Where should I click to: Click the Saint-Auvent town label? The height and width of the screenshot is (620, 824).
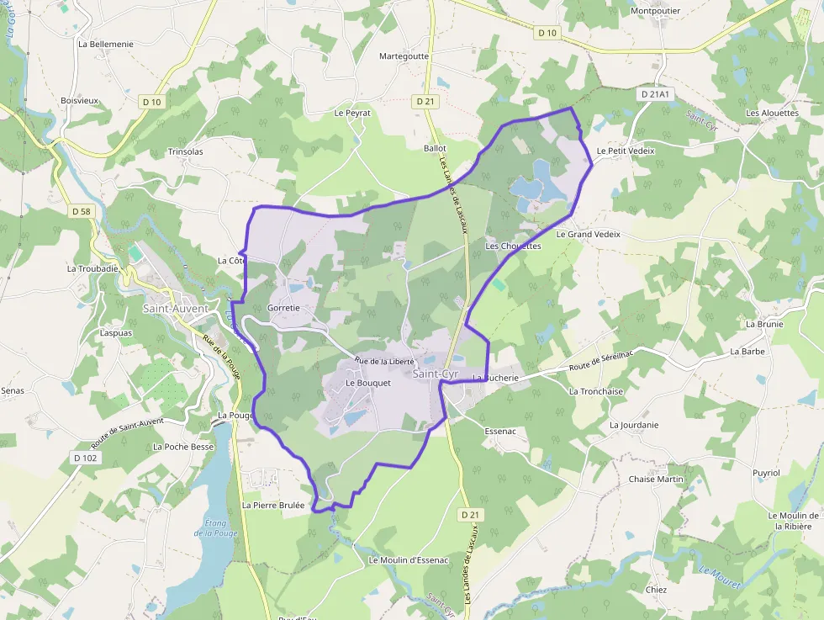(175, 309)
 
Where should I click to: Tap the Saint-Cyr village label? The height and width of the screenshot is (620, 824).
(435, 374)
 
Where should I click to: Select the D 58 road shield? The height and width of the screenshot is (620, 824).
(81, 211)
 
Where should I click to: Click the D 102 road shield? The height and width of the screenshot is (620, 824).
(85, 458)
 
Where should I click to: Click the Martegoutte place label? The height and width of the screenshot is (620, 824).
(404, 56)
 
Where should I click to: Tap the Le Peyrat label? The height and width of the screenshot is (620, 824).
(352, 112)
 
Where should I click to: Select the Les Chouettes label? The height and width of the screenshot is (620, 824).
(513, 246)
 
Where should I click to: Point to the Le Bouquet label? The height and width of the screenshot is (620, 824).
(368, 383)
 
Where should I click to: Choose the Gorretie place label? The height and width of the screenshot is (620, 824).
(283, 308)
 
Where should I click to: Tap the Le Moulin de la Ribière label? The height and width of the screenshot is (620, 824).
(794, 521)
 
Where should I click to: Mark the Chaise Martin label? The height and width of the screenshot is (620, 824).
(657, 480)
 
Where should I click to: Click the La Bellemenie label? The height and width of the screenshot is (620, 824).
(105, 43)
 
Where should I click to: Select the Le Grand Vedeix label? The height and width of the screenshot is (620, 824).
(588, 234)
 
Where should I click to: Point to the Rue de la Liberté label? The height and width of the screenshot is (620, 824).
(384, 361)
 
